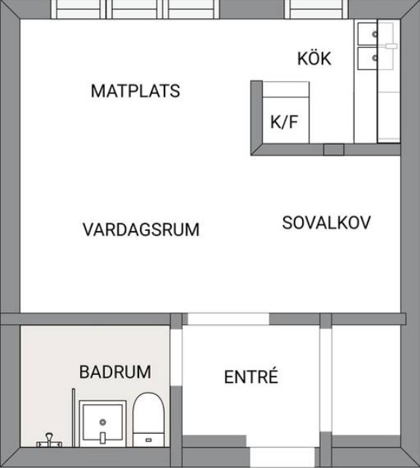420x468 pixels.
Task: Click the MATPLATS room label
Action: click(x=135, y=91)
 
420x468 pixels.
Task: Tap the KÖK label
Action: click(x=314, y=58)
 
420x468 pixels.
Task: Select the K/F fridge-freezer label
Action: click(x=284, y=122)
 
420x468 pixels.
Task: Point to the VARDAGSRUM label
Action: click(x=140, y=229)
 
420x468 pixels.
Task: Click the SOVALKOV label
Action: click(x=326, y=222)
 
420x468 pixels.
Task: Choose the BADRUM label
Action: click(x=115, y=372)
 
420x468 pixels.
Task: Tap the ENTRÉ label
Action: click(x=251, y=376)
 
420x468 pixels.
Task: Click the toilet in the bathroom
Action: click(x=148, y=419)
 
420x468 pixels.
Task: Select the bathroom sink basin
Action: click(x=103, y=424)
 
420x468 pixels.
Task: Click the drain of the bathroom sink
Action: click(x=103, y=422)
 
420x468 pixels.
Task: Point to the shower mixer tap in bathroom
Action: click(x=49, y=441)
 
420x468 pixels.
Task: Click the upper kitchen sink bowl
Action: click(x=368, y=33)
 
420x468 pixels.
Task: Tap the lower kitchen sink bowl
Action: click(x=368, y=58)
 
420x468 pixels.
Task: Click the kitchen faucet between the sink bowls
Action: click(x=391, y=46)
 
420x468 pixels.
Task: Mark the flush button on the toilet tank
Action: click(x=148, y=440)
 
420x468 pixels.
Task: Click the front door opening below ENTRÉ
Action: click(x=282, y=457)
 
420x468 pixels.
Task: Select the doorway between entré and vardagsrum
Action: click(x=229, y=319)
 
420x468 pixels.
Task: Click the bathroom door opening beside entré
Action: click(x=176, y=355)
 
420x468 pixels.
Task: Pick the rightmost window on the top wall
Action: click(x=317, y=9)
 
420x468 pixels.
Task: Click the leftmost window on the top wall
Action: click(x=79, y=9)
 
